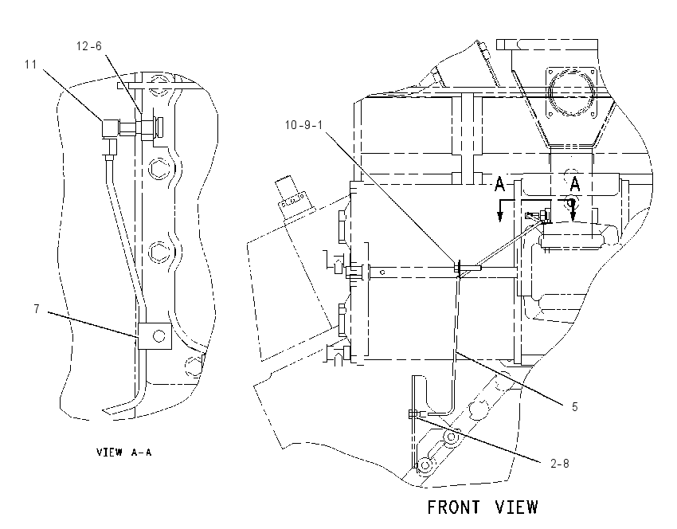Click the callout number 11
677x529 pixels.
click(x=30, y=65)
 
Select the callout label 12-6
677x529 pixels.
click(x=89, y=46)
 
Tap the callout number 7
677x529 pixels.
click(x=37, y=309)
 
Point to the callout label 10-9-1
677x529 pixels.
click(x=303, y=125)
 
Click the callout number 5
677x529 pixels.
click(x=575, y=407)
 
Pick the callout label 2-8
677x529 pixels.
click(x=560, y=464)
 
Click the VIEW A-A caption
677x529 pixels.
click(x=124, y=453)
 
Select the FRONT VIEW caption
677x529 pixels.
click(x=483, y=507)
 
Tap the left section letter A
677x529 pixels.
click(x=500, y=183)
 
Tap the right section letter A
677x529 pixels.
click(x=575, y=183)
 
